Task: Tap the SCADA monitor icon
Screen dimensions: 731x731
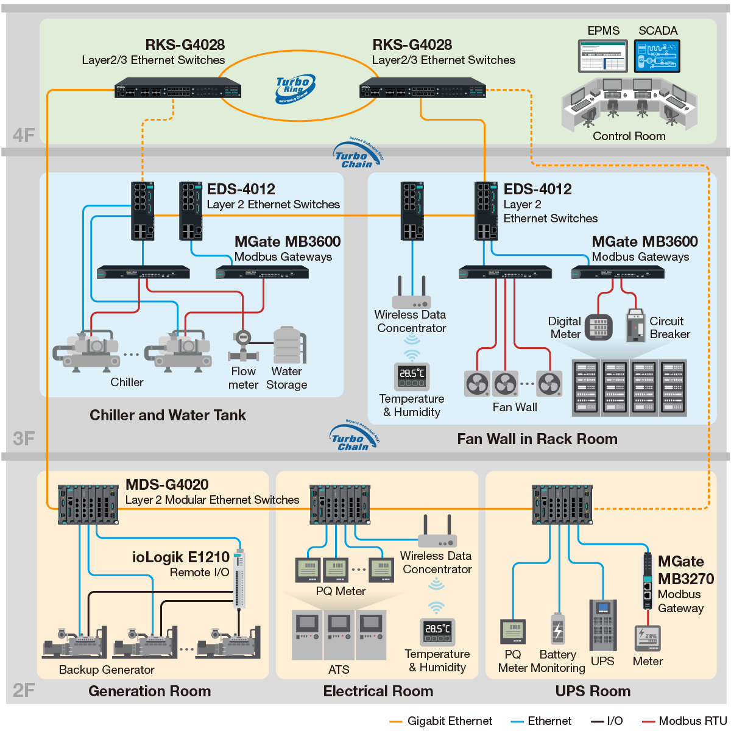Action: click(657, 56)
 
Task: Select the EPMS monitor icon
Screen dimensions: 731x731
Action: click(602, 56)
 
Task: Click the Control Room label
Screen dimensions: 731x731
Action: click(629, 136)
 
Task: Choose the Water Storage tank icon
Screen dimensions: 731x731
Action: click(288, 345)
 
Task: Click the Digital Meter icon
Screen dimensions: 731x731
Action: click(599, 327)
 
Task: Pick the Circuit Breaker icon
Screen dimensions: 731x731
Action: click(635, 325)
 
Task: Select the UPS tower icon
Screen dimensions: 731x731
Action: click(602, 624)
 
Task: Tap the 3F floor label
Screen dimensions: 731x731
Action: click(24, 439)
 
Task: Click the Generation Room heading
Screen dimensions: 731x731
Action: click(149, 691)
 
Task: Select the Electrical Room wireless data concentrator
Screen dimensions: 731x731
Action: click(437, 533)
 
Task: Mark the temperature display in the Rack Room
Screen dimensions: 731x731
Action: click(412, 376)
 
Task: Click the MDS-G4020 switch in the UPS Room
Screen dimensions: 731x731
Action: click(562, 504)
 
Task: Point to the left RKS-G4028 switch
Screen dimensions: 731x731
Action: click(178, 88)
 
